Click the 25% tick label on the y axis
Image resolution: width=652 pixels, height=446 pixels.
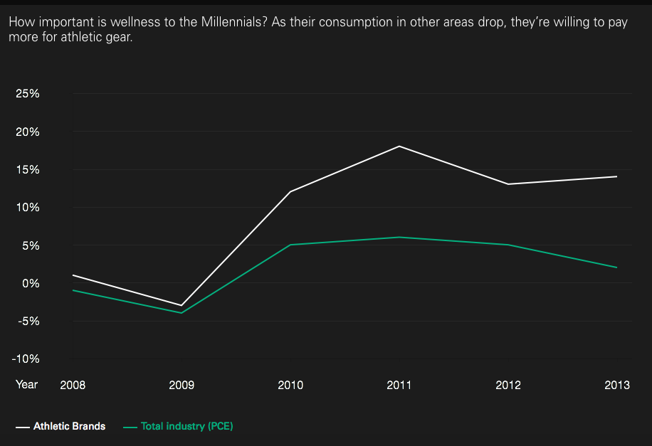(28, 93)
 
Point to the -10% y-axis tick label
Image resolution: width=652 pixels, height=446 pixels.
(26, 359)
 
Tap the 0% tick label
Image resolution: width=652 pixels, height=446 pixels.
(31, 284)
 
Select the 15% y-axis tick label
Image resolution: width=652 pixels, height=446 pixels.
(28, 169)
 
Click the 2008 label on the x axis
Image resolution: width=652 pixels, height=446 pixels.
(73, 386)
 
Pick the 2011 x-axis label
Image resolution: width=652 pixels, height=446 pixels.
(399, 386)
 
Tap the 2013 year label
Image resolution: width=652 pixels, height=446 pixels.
(617, 386)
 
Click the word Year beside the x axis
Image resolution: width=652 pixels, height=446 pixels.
(26, 385)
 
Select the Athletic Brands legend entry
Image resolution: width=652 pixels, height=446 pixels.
(61, 427)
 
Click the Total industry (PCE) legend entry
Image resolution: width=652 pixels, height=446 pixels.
(179, 427)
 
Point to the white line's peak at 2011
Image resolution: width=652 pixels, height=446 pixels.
(399, 147)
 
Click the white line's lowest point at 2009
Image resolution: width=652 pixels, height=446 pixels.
(182, 305)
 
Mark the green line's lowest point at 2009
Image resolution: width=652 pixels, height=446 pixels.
(182, 313)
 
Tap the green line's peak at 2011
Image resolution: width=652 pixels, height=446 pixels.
(399, 238)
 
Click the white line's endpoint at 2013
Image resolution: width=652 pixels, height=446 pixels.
(616, 176)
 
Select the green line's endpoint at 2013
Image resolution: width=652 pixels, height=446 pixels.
(616, 267)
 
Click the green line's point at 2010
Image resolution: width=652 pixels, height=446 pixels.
(290, 245)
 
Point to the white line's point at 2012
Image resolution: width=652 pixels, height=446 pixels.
(508, 184)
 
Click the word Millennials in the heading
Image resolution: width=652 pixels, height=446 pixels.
(231, 22)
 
